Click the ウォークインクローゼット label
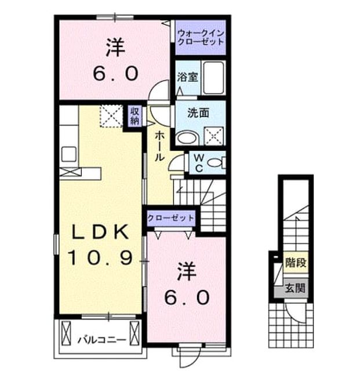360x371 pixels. tap(201, 38)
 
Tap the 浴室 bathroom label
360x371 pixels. tap(187, 77)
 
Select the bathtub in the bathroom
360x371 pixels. tap(213, 78)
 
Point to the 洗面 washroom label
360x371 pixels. tap(198, 113)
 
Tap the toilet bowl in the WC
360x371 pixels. tap(214, 163)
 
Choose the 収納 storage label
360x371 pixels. tap(135, 116)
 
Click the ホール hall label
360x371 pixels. tap(159, 147)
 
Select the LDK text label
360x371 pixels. tap(100, 232)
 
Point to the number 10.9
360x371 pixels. tap(101, 257)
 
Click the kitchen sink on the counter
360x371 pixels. tap(69, 154)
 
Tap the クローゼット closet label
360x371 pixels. tap(170, 218)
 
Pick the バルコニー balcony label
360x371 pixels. tap(102, 340)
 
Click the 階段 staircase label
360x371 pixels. tap(296, 263)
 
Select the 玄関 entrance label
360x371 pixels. tap(295, 288)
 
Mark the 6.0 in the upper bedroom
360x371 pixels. tap(115, 74)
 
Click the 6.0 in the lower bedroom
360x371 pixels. tap(187, 297)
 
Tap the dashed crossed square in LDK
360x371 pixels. tap(111, 117)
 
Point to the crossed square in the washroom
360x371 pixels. tap(214, 136)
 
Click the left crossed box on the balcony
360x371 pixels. tap(66, 333)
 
